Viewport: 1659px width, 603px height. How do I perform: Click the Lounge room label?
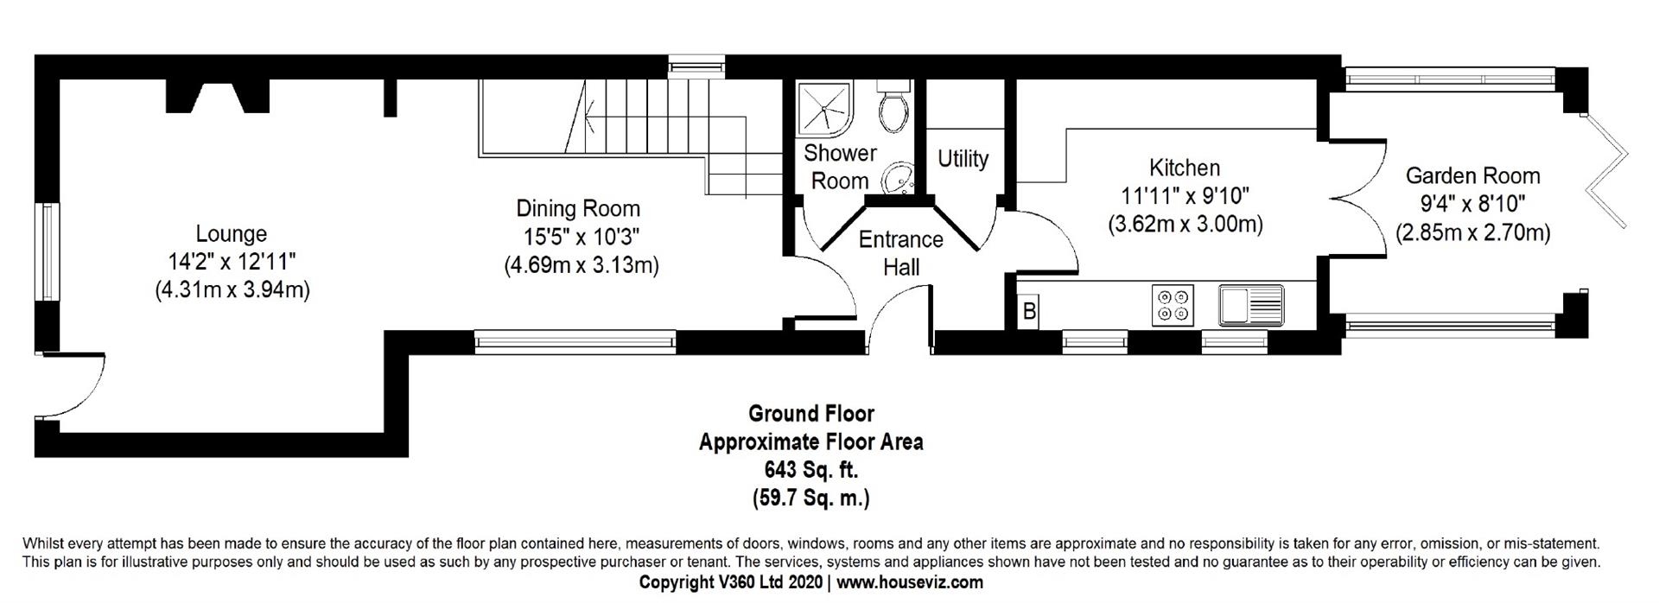tap(231, 234)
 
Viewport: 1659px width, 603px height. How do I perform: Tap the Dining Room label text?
tap(578, 208)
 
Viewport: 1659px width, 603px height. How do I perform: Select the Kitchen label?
tap(1185, 167)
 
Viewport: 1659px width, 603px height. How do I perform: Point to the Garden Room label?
tap(1472, 175)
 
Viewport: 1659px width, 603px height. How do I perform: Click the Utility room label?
tap(963, 159)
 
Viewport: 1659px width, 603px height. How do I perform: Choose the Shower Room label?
tap(840, 167)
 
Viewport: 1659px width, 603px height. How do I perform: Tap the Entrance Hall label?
tap(900, 252)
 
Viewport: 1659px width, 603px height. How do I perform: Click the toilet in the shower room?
tap(891, 105)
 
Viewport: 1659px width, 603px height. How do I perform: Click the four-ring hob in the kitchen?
tap(1173, 306)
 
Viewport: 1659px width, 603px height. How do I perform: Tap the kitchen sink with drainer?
tap(1251, 306)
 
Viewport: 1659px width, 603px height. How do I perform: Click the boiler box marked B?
tap(1029, 311)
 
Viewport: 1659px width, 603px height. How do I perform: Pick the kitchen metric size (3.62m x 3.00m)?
tap(1185, 225)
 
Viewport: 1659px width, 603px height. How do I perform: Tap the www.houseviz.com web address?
tap(910, 582)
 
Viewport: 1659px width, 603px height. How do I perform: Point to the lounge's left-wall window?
tap(48, 252)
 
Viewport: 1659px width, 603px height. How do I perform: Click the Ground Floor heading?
tap(810, 414)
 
